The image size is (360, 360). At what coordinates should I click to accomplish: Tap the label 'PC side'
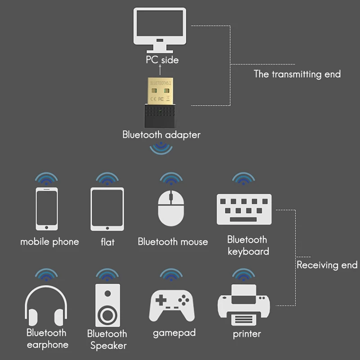coord(162,60)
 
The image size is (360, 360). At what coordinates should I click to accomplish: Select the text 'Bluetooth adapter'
coord(161,135)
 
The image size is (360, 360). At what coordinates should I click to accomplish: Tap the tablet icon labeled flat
coord(107,209)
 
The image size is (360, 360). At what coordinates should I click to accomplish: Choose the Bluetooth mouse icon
coord(171,207)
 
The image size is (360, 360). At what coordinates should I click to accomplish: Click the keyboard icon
coord(244,209)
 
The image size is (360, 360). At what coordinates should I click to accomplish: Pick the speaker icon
coord(108,305)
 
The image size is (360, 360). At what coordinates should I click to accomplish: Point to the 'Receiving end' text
coord(327,265)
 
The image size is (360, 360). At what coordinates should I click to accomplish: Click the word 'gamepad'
coord(174,333)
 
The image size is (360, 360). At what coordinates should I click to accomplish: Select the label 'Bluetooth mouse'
coord(173,242)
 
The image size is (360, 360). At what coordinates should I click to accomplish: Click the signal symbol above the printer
coord(243,274)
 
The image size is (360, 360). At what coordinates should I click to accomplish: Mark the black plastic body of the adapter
coord(161,115)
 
